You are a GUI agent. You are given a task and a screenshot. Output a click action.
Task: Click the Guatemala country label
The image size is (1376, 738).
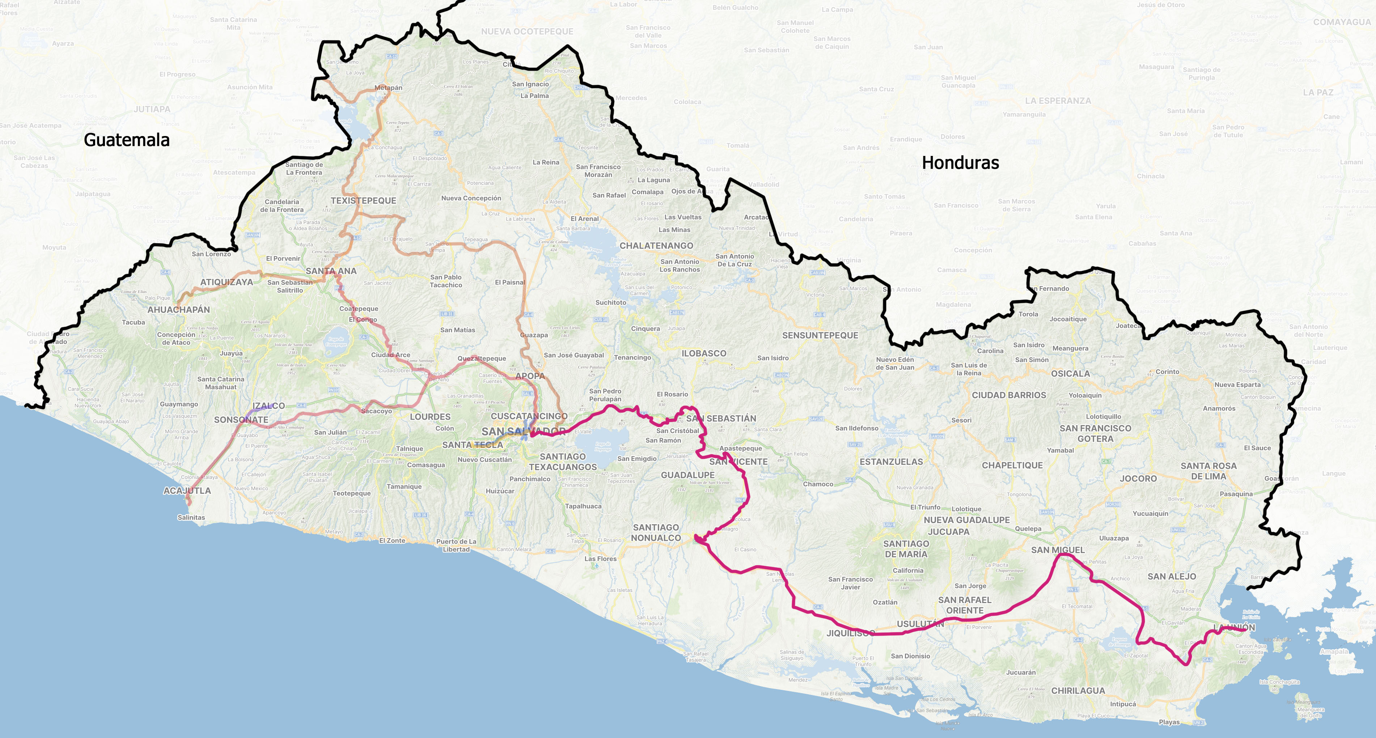tap(127, 140)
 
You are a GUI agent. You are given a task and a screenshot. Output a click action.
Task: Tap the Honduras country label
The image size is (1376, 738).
tap(960, 162)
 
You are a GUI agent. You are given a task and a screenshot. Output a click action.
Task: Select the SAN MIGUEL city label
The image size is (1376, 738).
tap(1058, 550)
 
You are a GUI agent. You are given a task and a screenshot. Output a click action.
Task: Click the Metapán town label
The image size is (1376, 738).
tap(388, 88)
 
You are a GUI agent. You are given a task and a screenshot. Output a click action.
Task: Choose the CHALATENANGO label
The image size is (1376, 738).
tap(656, 246)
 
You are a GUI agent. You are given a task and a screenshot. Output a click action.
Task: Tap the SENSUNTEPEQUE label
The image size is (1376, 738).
tap(820, 335)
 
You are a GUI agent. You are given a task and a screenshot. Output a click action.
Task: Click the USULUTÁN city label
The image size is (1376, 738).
tap(920, 624)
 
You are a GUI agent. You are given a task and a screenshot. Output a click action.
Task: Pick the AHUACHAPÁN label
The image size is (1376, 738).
tap(178, 309)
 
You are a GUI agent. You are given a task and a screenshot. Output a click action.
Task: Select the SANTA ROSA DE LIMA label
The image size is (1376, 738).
tap(1208, 470)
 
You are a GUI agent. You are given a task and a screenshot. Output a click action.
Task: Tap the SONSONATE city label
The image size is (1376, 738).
tap(241, 420)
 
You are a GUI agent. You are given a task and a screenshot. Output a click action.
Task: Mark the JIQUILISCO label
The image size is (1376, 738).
tap(850, 633)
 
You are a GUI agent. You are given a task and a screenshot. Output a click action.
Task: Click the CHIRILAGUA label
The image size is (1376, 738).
tap(1078, 691)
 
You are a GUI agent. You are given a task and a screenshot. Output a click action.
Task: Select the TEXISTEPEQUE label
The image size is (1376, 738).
tap(363, 201)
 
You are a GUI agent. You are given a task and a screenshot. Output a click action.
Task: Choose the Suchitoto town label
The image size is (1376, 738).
tap(610, 302)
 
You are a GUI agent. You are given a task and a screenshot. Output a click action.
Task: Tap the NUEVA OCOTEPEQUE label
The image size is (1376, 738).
tap(527, 31)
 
